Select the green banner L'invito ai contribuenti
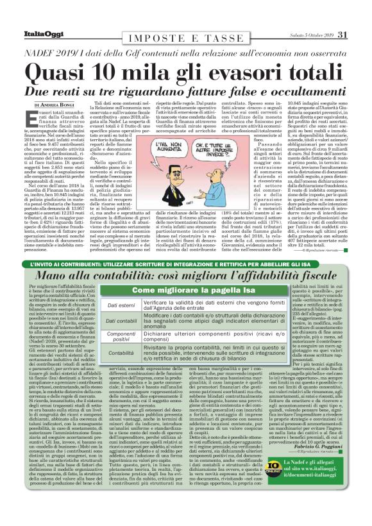[185, 264]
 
